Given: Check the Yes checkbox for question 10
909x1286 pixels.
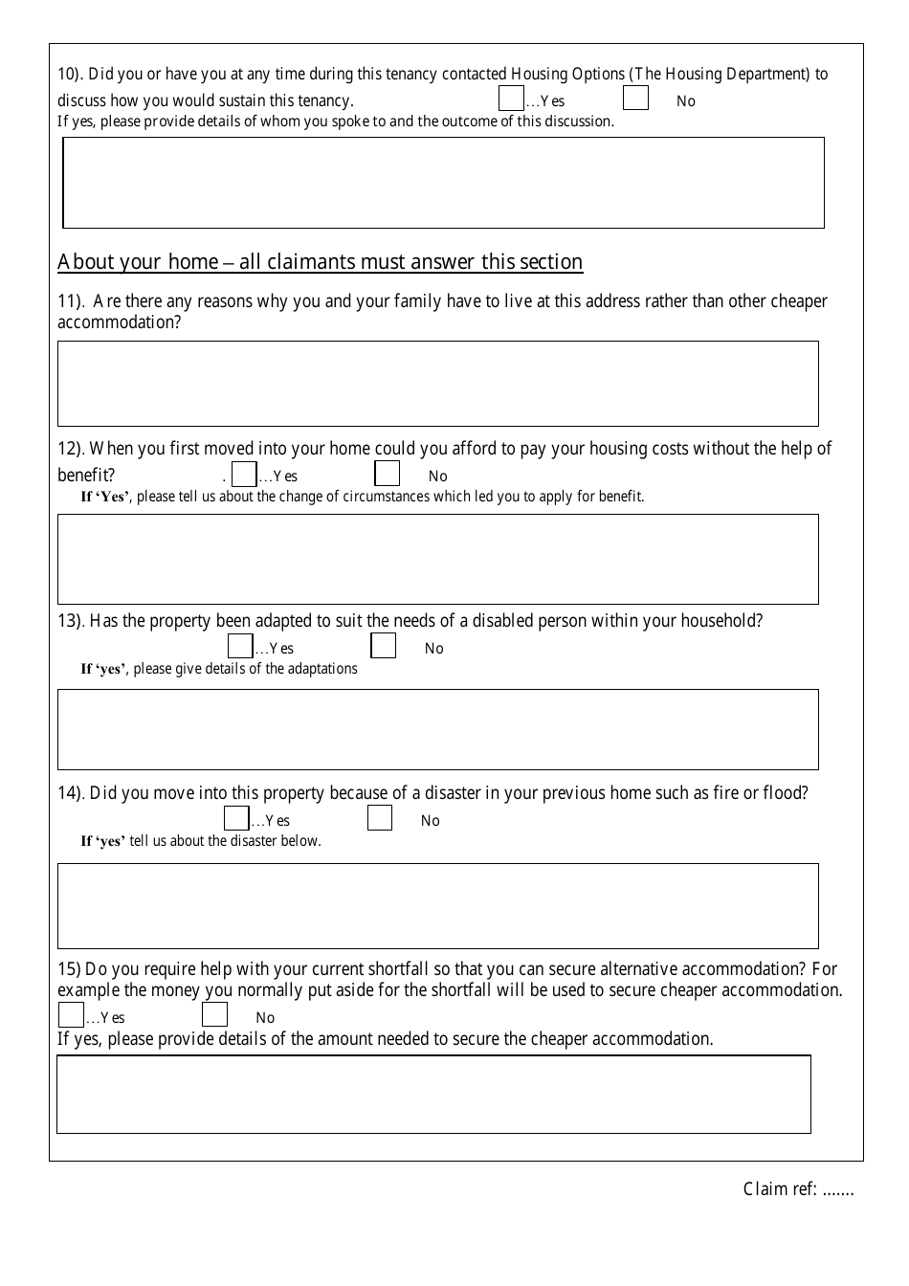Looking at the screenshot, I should pos(511,99).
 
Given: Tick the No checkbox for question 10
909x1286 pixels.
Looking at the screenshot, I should pos(635,99).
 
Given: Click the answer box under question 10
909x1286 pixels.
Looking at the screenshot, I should pos(443,183).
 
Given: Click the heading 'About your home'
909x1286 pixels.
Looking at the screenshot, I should pos(320,262).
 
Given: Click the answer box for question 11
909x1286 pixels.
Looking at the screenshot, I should pos(437,384).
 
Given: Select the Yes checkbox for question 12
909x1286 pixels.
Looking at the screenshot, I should pos(245,475).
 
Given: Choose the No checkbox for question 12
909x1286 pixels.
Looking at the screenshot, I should pos(387,474).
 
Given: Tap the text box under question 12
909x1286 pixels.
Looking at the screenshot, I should pos(437,560).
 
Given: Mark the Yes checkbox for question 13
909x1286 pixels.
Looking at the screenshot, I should pos(240,647).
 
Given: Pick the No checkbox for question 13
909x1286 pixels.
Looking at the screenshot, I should pos(383,646).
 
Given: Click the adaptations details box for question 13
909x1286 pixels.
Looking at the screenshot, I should pos(437,729).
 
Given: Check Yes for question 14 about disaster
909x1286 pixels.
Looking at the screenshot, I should pos(236,819).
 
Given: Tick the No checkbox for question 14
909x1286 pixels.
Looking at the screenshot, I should pos(380,818).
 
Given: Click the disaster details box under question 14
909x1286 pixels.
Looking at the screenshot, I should pos(437,906).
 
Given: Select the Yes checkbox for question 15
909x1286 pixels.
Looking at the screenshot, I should pos(71,1015).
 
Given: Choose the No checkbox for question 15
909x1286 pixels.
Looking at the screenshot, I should pos(214,1015).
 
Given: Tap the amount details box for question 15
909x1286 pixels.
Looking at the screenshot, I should pos(433,1095).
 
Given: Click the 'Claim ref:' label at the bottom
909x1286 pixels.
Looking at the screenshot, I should pos(779,1189).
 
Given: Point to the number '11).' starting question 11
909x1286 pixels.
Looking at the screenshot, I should pos(71,301).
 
